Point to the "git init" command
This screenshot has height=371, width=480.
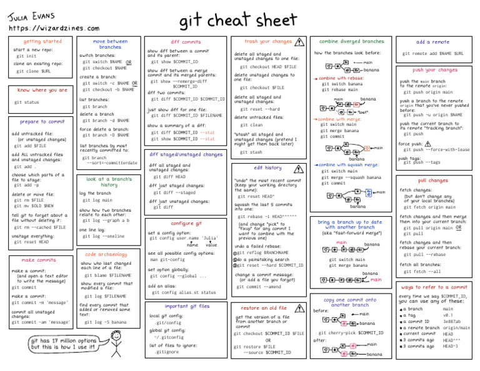click(26, 56)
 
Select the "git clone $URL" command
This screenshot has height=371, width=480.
click(34, 71)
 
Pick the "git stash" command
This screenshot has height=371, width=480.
click(251, 152)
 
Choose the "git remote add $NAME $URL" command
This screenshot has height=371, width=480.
click(432, 54)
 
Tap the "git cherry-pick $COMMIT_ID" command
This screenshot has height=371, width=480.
click(351, 333)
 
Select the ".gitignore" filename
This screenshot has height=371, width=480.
click(167, 352)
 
